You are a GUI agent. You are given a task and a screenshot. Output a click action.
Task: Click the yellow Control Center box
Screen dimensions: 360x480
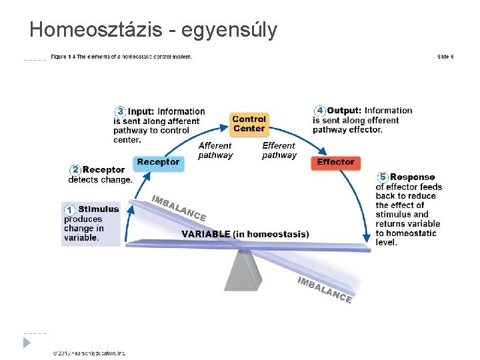tap(249, 123)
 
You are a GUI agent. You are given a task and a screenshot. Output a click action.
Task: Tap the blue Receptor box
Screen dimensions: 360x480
tap(158, 162)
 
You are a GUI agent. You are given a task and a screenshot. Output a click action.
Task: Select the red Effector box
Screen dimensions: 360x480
tap(335, 162)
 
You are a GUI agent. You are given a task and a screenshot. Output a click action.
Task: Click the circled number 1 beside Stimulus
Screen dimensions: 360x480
tap(69, 210)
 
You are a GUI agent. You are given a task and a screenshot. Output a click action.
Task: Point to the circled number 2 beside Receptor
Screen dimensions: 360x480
tap(76, 170)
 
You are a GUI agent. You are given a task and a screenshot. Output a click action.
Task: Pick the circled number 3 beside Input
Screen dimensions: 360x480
tap(121, 111)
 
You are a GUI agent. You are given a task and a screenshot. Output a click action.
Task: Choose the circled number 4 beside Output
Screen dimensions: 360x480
tap(320, 111)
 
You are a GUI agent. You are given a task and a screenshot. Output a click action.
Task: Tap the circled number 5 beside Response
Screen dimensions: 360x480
tap(383, 177)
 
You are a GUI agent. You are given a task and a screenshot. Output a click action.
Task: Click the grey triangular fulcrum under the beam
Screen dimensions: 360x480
tap(243, 271)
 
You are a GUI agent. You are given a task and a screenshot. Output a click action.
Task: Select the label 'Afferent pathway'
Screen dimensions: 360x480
tap(215, 150)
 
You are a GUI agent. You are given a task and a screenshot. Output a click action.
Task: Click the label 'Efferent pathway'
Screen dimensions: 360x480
tap(279, 150)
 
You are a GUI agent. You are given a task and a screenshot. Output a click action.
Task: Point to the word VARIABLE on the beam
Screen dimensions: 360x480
tap(206, 234)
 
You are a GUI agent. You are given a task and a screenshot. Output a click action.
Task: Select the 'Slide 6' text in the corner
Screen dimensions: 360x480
tap(445, 57)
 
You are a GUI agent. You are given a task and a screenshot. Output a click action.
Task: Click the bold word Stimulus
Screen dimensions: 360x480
tap(99, 209)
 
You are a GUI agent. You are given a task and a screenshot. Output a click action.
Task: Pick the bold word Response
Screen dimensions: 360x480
tap(412, 177)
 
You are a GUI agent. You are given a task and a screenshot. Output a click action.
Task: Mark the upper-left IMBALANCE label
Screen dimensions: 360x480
tap(179, 208)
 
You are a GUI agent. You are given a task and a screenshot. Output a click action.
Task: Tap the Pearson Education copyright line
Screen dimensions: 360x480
tap(89, 353)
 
